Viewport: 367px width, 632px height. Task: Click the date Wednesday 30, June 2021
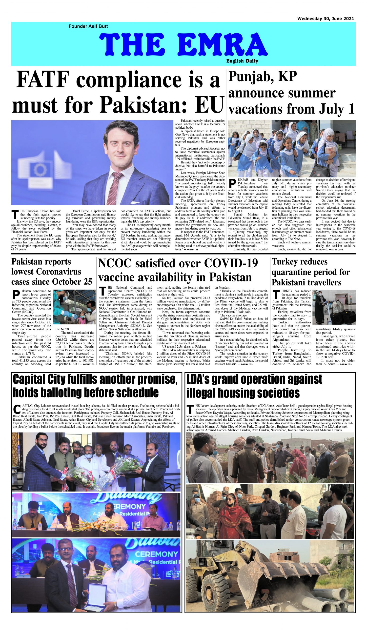325,19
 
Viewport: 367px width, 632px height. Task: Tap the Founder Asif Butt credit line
88,26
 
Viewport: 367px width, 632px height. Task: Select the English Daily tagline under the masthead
242,61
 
